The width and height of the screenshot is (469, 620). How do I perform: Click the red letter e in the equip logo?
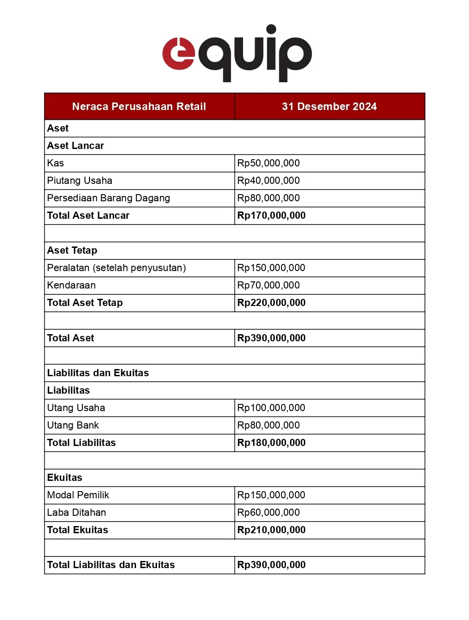pos(178,54)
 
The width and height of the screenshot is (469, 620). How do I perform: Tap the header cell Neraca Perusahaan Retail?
pos(139,106)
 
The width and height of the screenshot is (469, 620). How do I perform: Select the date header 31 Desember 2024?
pos(329,106)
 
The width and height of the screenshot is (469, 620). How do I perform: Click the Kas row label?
pos(55,163)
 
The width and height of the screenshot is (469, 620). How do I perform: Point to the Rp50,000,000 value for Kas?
pos(269,163)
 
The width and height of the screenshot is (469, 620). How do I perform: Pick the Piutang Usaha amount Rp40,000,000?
pos(269,181)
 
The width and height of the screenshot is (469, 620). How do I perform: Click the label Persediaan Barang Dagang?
pos(108,198)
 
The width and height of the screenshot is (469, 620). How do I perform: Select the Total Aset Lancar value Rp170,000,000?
pos(271,216)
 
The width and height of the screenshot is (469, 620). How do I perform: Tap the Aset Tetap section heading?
pos(72,251)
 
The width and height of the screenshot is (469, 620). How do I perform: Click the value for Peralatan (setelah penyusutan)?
pos(271,268)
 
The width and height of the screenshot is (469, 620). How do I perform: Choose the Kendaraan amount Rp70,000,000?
pos(269,285)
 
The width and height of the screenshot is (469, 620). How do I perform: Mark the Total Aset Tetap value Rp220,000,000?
pos(271,303)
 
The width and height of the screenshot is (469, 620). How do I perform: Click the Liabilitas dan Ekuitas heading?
pos(98,373)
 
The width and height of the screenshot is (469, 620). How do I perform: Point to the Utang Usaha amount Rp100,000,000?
pos(271,408)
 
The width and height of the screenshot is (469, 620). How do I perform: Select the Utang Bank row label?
pos(73,425)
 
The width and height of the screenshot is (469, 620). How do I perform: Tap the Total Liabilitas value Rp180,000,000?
pos(271,443)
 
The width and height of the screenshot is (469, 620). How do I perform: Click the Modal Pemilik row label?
pos(78,495)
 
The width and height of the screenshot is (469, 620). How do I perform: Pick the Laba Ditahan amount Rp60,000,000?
pos(269,513)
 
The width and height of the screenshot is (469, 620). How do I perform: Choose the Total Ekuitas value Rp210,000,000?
pos(271,530)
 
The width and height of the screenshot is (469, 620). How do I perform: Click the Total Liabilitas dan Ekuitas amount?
pos(271,565)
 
